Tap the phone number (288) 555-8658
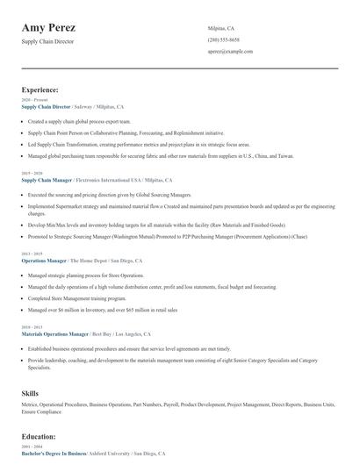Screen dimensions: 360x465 223,40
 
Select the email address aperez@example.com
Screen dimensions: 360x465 230,52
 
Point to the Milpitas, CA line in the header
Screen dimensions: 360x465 221,28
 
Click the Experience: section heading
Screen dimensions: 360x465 40,89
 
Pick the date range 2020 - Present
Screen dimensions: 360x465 33,100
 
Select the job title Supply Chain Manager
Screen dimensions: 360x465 47,179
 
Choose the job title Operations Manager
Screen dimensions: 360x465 44,261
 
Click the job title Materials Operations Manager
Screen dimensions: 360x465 54,334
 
